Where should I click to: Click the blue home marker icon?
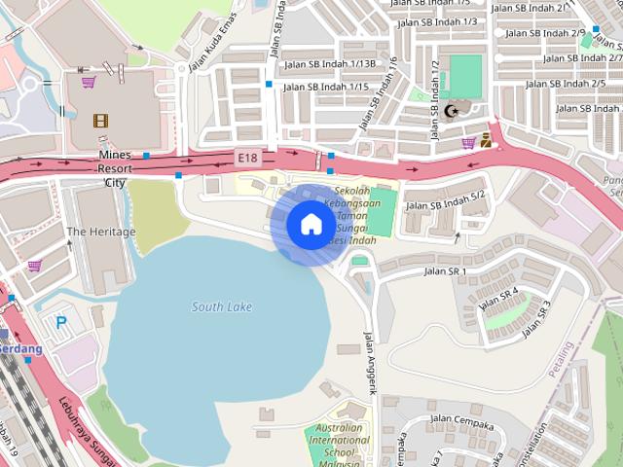point(310,224)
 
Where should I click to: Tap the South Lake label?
point(222,307)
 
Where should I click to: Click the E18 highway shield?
point(247,156)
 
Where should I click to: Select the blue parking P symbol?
point(61,322)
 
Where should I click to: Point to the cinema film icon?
point(100,121)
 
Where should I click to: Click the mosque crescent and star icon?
point(450,111)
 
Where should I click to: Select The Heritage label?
point(101,232)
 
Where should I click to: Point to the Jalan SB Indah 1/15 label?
point(325,88)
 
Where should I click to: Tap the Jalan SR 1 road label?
point(445,270)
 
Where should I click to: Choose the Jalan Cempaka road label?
point(461,423)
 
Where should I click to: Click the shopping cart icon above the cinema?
point(89,82)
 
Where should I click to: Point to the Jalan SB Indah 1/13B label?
point(330,64)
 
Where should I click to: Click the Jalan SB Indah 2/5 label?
point(566,85)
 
